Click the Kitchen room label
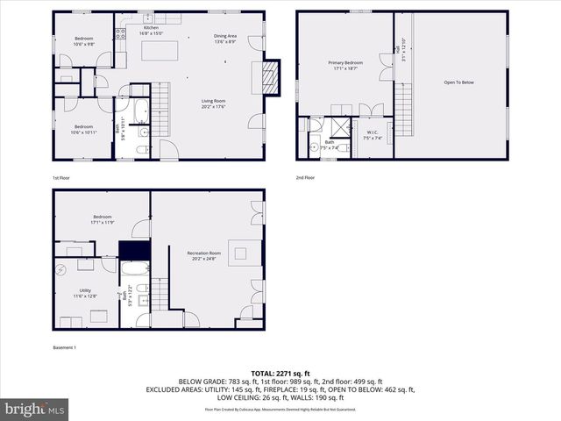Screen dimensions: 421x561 [x=151, y=30]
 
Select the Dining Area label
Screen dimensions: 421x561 [x=225, y=39]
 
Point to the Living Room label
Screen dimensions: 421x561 [x=214, y=104]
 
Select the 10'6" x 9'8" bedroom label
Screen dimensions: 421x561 [x=84, y=40]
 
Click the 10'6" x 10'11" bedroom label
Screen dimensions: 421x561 [x=84, y=129]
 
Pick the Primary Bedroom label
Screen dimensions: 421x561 [x=345, y=65]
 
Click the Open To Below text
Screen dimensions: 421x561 [x=458, y=82]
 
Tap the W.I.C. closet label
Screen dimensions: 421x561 [x=373, y=135]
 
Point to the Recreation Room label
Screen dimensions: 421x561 [x=203, y=256]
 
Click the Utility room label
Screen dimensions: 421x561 [x=85, y=294]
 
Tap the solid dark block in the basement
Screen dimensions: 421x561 [x=134, y=250]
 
